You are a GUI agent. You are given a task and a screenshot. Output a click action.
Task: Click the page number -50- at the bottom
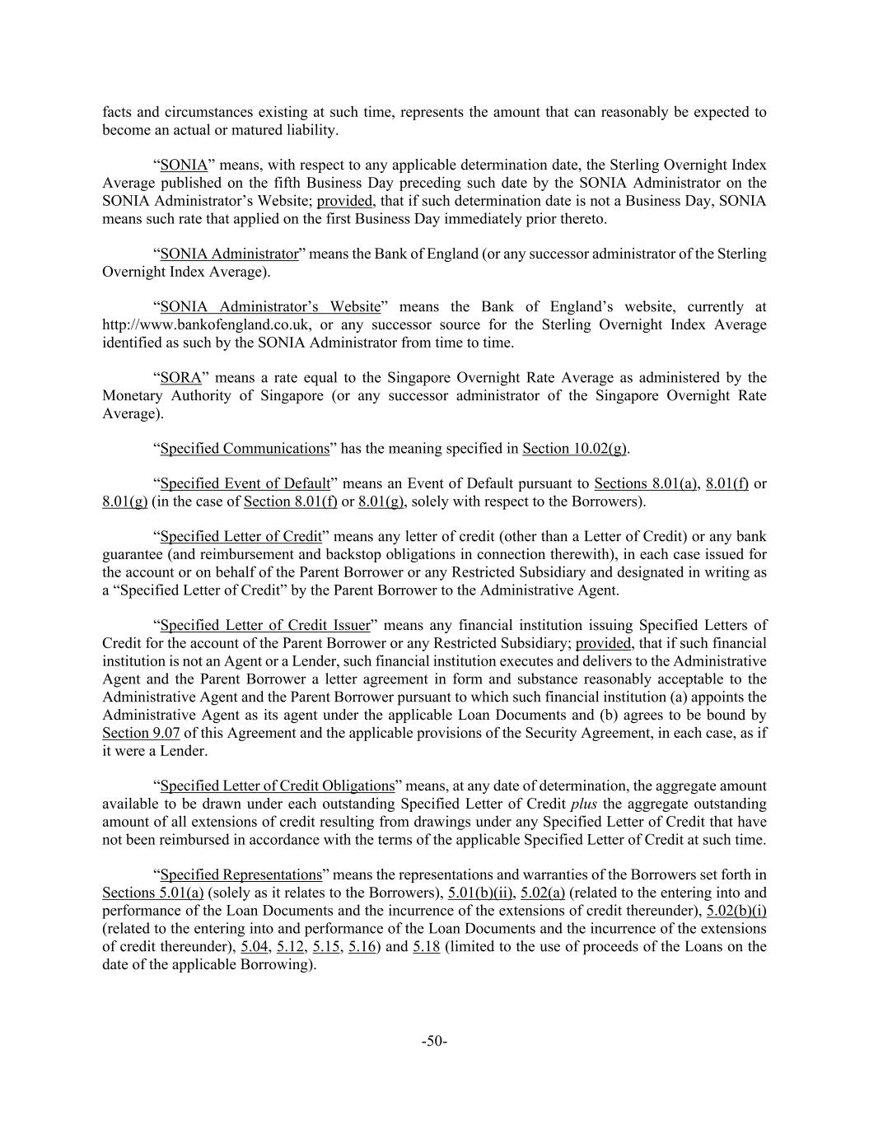pos(434,1042)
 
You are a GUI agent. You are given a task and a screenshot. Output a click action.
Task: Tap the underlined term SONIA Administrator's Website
pos(270,307)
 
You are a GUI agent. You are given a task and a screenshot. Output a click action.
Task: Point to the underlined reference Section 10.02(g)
pos(574,449)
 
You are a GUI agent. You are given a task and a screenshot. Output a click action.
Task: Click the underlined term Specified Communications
pos(245,449)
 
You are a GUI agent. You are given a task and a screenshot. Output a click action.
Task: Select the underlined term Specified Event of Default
pos(245,483)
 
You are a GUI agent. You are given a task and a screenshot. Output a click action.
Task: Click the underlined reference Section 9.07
pos(141,733)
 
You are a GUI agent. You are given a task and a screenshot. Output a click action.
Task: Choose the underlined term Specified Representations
pos(241,874)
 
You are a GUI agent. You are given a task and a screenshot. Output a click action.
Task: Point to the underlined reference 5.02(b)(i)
pos(736,911)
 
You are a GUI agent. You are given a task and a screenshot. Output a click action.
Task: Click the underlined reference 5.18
pos(426,946)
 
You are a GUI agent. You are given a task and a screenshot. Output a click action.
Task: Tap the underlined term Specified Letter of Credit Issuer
pos(265,625)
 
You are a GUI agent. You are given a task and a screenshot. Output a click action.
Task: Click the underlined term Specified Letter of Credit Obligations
pos(278,786)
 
